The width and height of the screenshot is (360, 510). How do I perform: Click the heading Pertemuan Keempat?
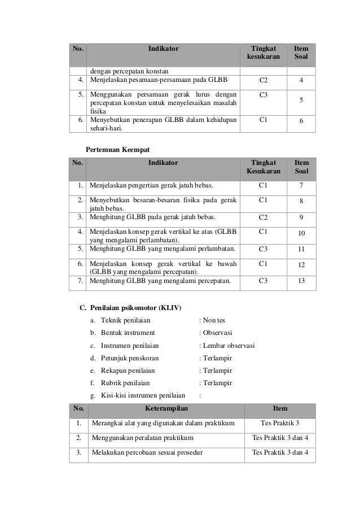117,149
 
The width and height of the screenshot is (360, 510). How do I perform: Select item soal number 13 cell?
301,279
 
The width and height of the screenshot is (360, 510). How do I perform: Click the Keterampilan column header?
166,408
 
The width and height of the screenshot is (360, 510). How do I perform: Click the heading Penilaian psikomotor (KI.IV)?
135,308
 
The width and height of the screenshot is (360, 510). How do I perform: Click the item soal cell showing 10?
301,233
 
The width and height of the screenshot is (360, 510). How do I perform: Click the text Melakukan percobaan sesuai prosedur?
147,452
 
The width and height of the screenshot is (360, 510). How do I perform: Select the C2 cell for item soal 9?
263,216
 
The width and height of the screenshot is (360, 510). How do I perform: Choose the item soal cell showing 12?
301,265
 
